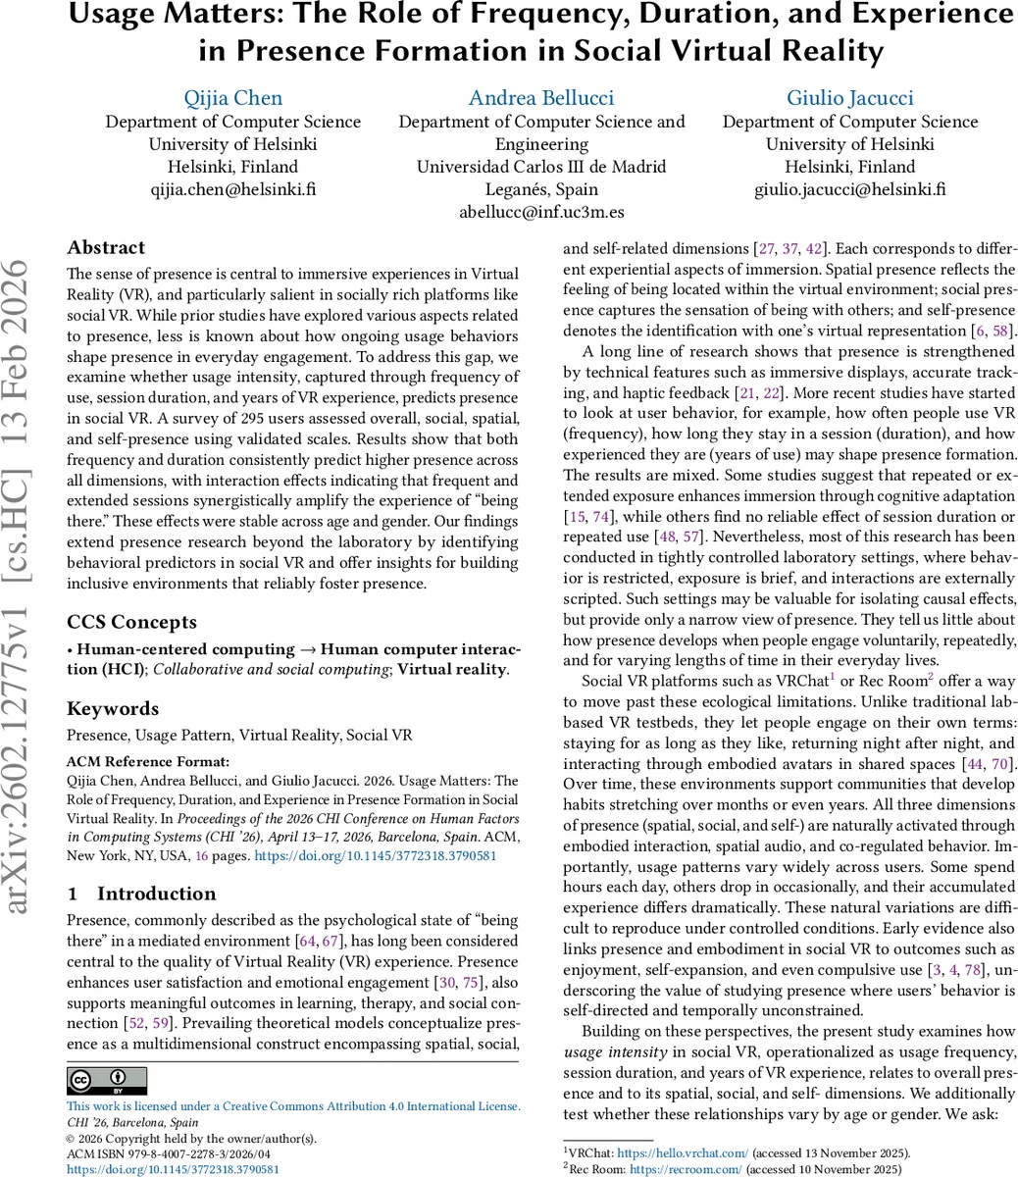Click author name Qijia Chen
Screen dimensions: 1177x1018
[x=233, y=98]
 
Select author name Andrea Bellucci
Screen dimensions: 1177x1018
[x=541, y=98]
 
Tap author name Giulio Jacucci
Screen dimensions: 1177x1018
[x=849, y=98]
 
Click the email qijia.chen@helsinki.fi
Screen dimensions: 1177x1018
[x=233, y=189]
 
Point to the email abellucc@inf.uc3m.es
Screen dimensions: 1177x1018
[x=541, y=212]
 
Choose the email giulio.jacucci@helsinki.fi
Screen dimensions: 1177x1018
[x=849, y=189]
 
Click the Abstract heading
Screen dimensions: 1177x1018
[x=106, y=248]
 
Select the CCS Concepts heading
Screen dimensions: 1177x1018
[x=131, y=623]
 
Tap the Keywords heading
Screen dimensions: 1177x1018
[x=113, y=709]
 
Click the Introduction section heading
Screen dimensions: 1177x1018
[x=156, y=894]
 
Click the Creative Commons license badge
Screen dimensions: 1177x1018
[x=106, y=1081]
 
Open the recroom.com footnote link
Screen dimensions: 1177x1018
[x=686, y=1169]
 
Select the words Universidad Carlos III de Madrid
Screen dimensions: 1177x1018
[x=541, y=167]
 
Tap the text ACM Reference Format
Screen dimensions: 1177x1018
[x=148, y=762]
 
